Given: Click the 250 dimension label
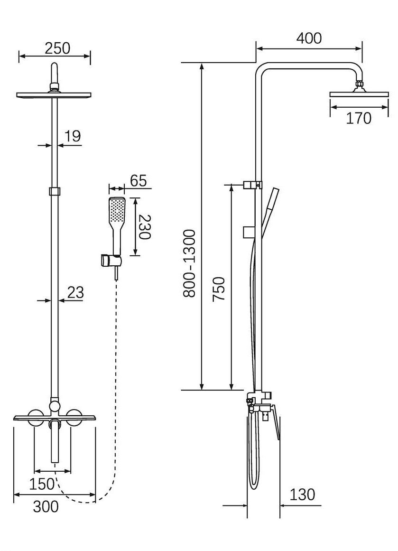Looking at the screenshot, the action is click(x=57, y=48).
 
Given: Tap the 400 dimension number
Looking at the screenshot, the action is click(x=309, y=38).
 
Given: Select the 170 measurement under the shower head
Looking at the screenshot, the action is click(x=358, y=118).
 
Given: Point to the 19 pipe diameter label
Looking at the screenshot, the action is click(x=73, y=136).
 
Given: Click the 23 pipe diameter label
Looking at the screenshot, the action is click(x=75, y=292).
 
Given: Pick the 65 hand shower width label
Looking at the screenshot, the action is click(x=138, y=181).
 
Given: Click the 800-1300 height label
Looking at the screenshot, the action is click(x=189, y=263).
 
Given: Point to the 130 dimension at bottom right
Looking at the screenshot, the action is click(x=302, y=495).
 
